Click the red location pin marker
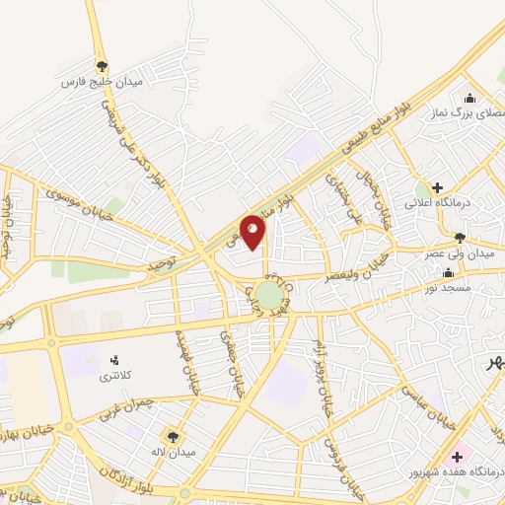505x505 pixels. (x=253, y=232)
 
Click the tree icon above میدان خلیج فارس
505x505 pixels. (x=102, y=66)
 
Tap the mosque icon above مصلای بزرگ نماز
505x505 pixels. (x=469, y=97)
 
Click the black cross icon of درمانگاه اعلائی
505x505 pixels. (x=437, y=186)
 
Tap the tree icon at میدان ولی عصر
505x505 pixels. (x=460, y=237)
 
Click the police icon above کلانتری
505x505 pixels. (x=113, y=360)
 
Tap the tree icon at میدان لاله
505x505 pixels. (x=174, y=436)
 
